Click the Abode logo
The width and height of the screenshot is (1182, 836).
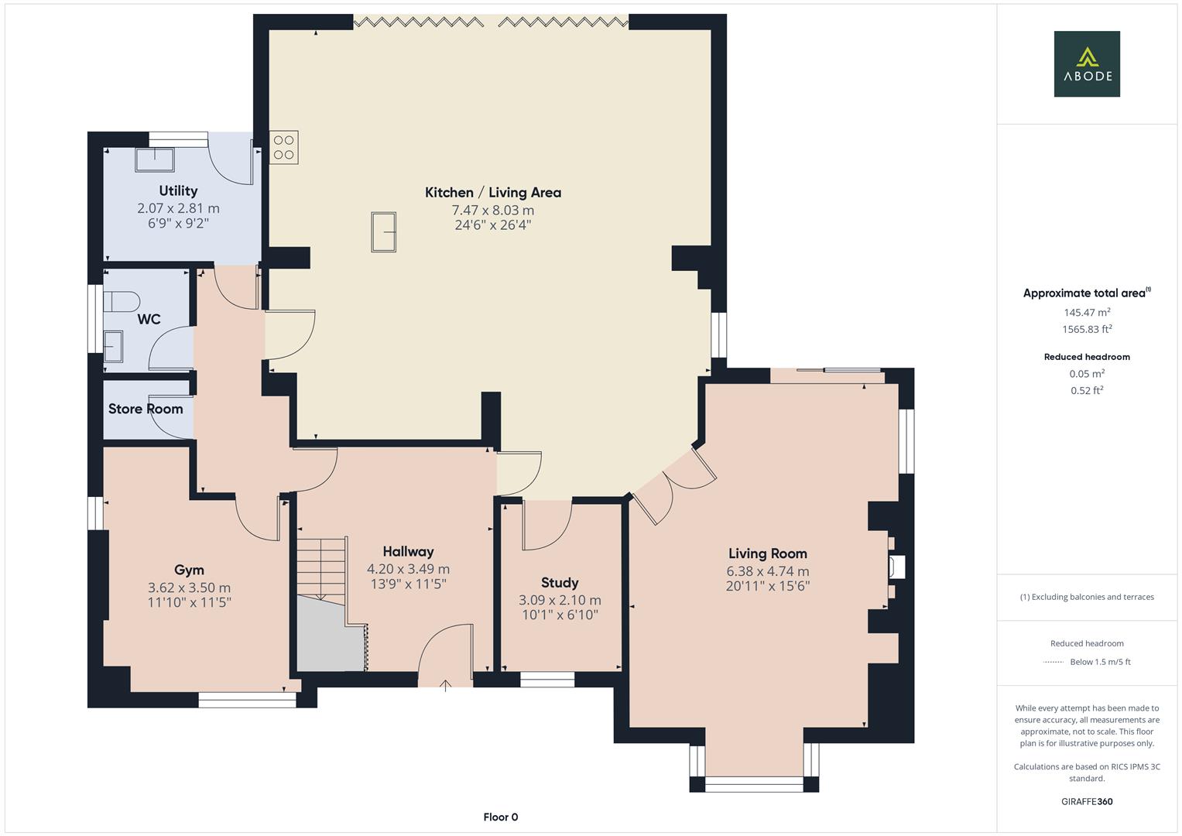[x=1087, y=63]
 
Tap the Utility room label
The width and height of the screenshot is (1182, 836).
[x=178, y=190]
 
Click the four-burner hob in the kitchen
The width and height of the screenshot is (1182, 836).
[x=284, y=147]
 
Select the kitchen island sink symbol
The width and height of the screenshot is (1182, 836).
[x=383, y=232]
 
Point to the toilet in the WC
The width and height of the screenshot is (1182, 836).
[x=120, y=301]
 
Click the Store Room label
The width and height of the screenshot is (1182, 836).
[x=146, y=409]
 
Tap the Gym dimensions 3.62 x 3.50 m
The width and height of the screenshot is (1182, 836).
[x=189, y=588]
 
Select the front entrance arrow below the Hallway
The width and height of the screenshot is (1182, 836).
[x=446, y=684]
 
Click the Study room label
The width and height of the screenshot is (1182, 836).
[x=560, y=583]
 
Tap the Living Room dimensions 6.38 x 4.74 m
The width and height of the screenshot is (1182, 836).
[x=767, y=571]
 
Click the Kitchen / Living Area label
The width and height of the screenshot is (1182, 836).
[x=493, y=193]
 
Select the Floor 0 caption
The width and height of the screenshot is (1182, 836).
[x=500, y=817]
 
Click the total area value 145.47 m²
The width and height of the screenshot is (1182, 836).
[x=1087, y=313]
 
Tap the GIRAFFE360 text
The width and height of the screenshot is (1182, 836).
[x=1087, y=801]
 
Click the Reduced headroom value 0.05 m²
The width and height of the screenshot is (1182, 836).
[x=1087, y=373]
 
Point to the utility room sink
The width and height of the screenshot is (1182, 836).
[x=155, y=159]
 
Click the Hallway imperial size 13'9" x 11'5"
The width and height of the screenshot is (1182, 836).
[x=408, y=584]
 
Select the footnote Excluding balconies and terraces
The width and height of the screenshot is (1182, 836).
[x=1087, y=597]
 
